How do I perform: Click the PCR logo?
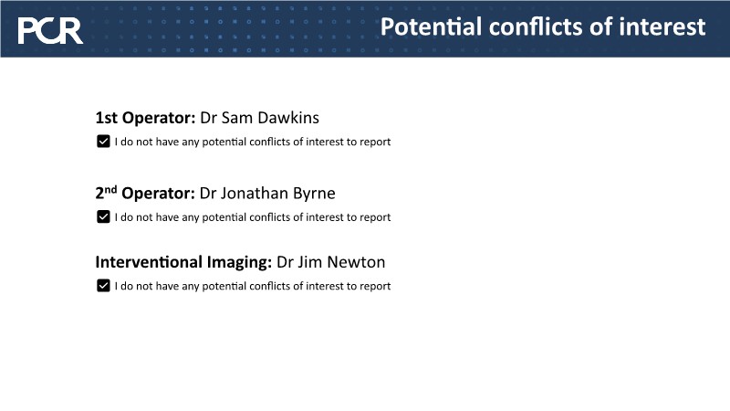50,31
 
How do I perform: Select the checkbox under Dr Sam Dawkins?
103,142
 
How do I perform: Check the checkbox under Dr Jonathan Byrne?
103,216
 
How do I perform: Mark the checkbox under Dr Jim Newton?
103,286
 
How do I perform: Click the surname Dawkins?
288,118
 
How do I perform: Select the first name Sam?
236,118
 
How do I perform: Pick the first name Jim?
309,262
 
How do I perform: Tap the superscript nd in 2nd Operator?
110,190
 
